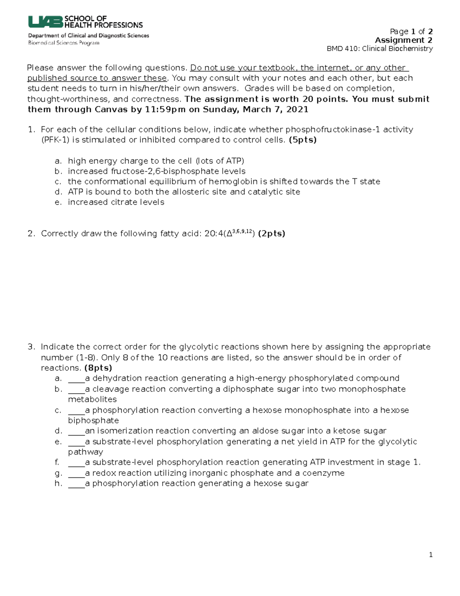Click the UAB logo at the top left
pyautogui.click(x=45, y=22)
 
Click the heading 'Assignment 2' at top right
pyautogui.click(x=404, y=40)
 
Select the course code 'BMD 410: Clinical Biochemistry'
pyautogui.click(x=379, y=49)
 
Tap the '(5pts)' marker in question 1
pyautogui.click(x=302, y=140)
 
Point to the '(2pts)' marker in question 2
pyautogui.click(x=271, y=234)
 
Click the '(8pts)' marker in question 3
pyautogui.click(x=98, y=368)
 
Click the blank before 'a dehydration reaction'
pyautogui.click(x=76, y=379)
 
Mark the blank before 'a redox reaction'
pyautogui.click(x=76, y=473)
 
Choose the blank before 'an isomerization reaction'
pyautogui.click(x=76, y=431)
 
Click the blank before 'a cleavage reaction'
pyautogui.click(x=76, y=389)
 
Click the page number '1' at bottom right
pyautogui.click(x=431, y=555)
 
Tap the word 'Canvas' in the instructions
pyautogui.click(x=116, y=110)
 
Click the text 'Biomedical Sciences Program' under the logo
pyautogui.click(x=64, y=43)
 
